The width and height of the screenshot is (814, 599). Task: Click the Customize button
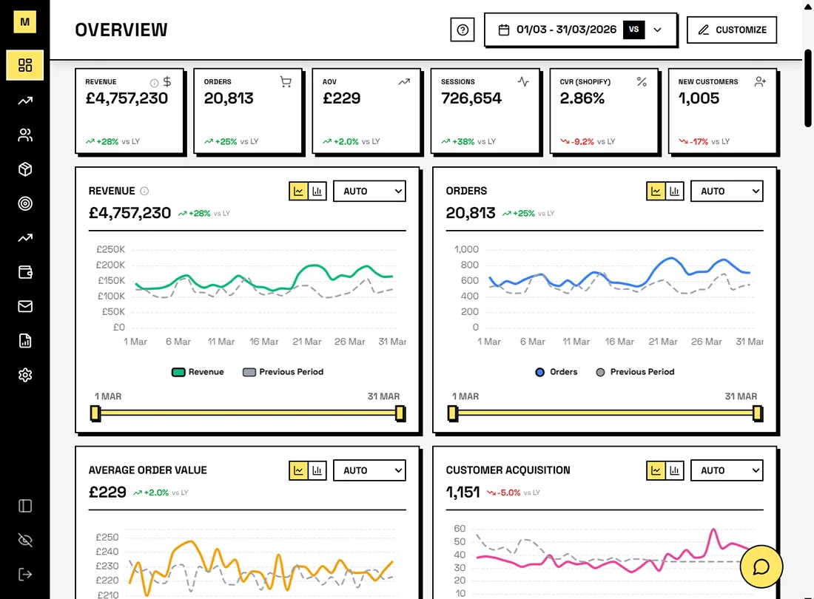click(x=732, y=30)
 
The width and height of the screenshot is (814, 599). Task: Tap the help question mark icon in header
click(x=462, y=30)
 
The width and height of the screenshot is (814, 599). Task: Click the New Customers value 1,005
click(x=699, y=98)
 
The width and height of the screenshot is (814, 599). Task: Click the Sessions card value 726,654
click(x=471, y=98)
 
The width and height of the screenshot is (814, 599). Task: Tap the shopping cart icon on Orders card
click(x=286, y=82)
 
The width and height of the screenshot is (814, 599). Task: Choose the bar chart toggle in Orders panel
click(x=675, y=191)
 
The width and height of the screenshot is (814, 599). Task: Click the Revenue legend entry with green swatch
click(x=198, y=372)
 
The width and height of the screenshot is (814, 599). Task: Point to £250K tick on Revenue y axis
click(x=110, y=249)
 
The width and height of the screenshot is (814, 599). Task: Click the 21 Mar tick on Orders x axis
click(x=663, y=342)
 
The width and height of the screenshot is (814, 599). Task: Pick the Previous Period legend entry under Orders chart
click(x=635, y=372)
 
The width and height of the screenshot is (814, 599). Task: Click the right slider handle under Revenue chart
click(x=400, y=413)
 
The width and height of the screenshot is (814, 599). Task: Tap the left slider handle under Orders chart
click(x=453, y=413)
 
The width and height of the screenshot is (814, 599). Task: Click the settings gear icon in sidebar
click(x=25, y=375)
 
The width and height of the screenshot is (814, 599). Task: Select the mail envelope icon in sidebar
click(x=25, y=306)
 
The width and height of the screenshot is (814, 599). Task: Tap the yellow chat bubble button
click(x=761, y=566)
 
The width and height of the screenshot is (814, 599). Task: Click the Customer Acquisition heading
click(x=508, y=470)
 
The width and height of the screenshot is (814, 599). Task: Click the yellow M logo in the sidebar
click(x=25, y=22)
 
